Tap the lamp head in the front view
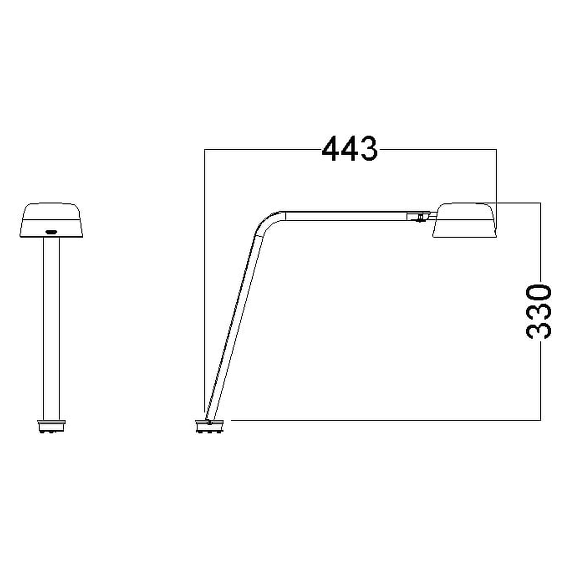click(x=51, y=220)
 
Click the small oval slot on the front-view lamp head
click(x=51, y=232)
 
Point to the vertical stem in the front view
click(x=51, y=329)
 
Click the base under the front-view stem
click(x=51, y=426)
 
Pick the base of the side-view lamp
click(x=209, y=426)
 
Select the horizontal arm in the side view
click(x=346, y=216)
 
